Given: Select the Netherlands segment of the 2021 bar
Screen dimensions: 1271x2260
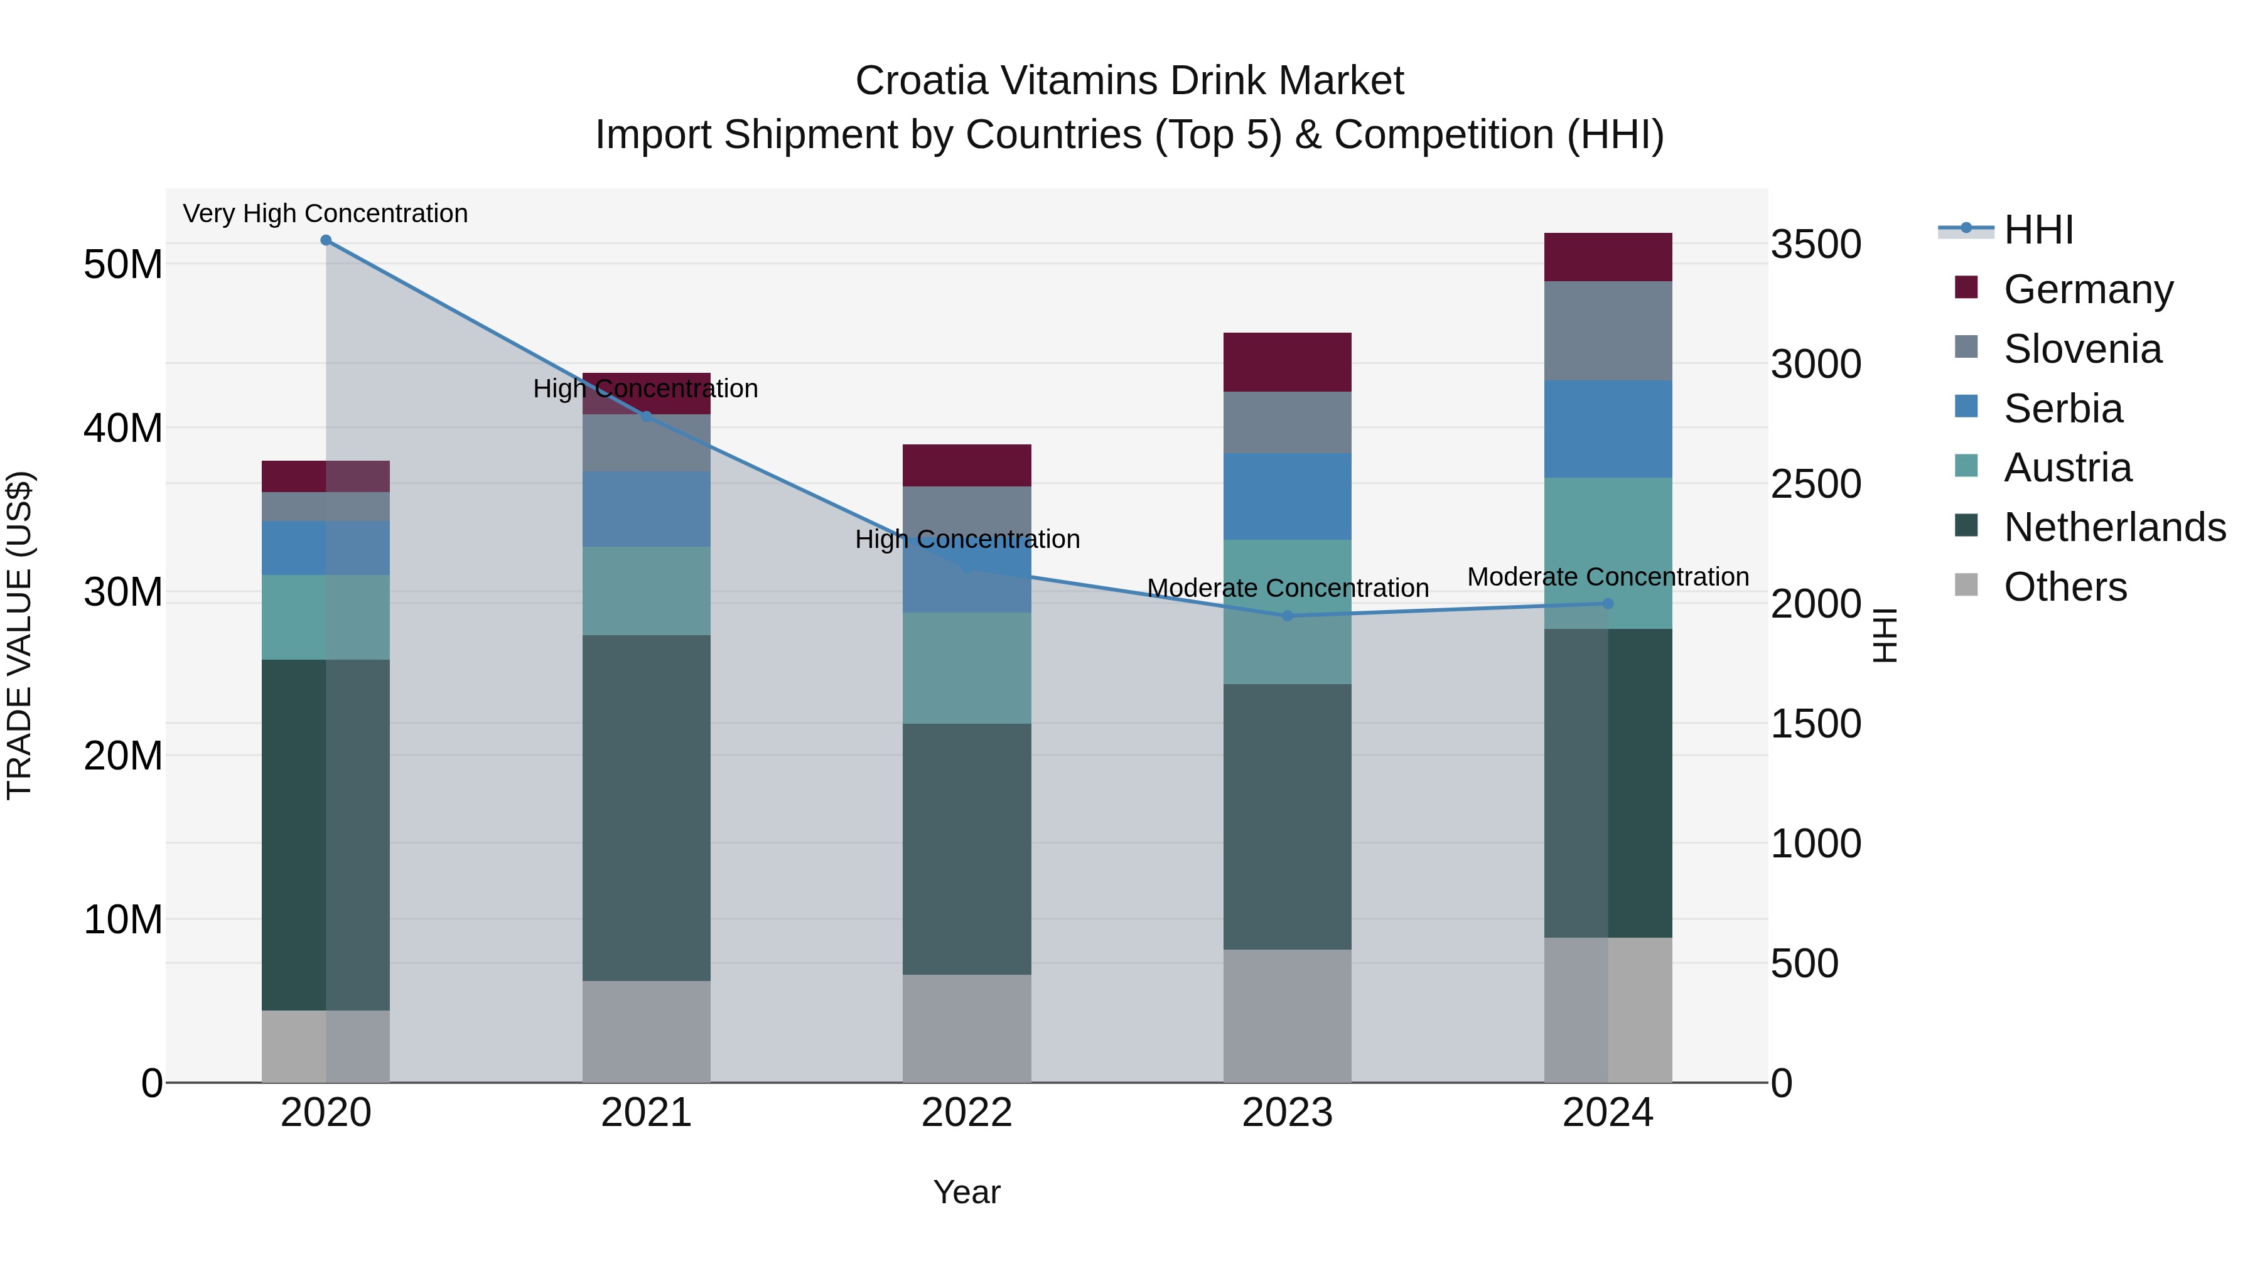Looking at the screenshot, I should (646, 807).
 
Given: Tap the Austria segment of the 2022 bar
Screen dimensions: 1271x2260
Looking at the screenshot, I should (967, 668).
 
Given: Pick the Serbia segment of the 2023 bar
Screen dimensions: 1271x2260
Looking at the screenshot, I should (1287, 496).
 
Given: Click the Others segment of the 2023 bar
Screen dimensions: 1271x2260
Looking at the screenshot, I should (1287, 1015).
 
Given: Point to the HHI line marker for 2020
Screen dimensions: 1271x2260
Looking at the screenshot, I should (325, 240).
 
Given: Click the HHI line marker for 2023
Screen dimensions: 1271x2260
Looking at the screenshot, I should (1287, 616).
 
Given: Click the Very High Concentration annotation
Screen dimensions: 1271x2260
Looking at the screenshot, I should (325, 213).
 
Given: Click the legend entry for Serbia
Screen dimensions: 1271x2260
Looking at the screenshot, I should (2063, 408).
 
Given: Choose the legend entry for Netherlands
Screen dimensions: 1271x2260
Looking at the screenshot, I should (2114, 527).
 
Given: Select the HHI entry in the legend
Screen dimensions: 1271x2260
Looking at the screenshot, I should (2038, 230).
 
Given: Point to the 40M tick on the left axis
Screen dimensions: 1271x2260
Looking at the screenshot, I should (123, 428).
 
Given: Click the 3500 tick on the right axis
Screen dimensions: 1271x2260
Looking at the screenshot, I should (1815, 244).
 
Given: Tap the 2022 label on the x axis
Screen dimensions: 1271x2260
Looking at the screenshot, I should (967, 1113).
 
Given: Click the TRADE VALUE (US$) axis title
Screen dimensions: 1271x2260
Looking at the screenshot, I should (19, 635).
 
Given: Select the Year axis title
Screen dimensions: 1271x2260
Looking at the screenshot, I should (967, 1192).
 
